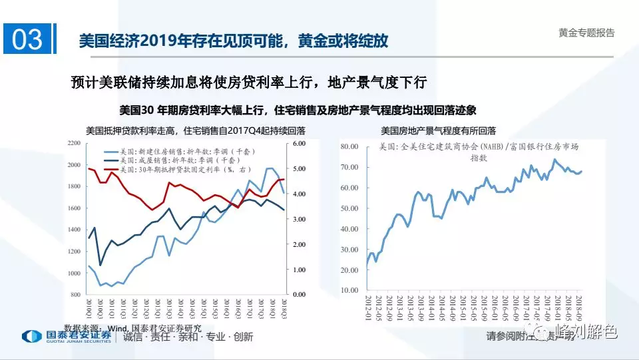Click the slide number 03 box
point(27,40)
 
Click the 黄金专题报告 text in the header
point(586,33)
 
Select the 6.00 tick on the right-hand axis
point(299,144)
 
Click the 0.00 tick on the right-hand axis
point(299,294)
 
